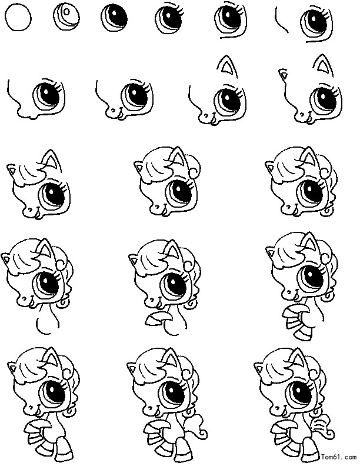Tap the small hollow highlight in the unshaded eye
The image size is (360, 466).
click(x=66, y=12)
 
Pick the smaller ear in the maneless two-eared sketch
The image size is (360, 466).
click(x=284, y=74)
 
